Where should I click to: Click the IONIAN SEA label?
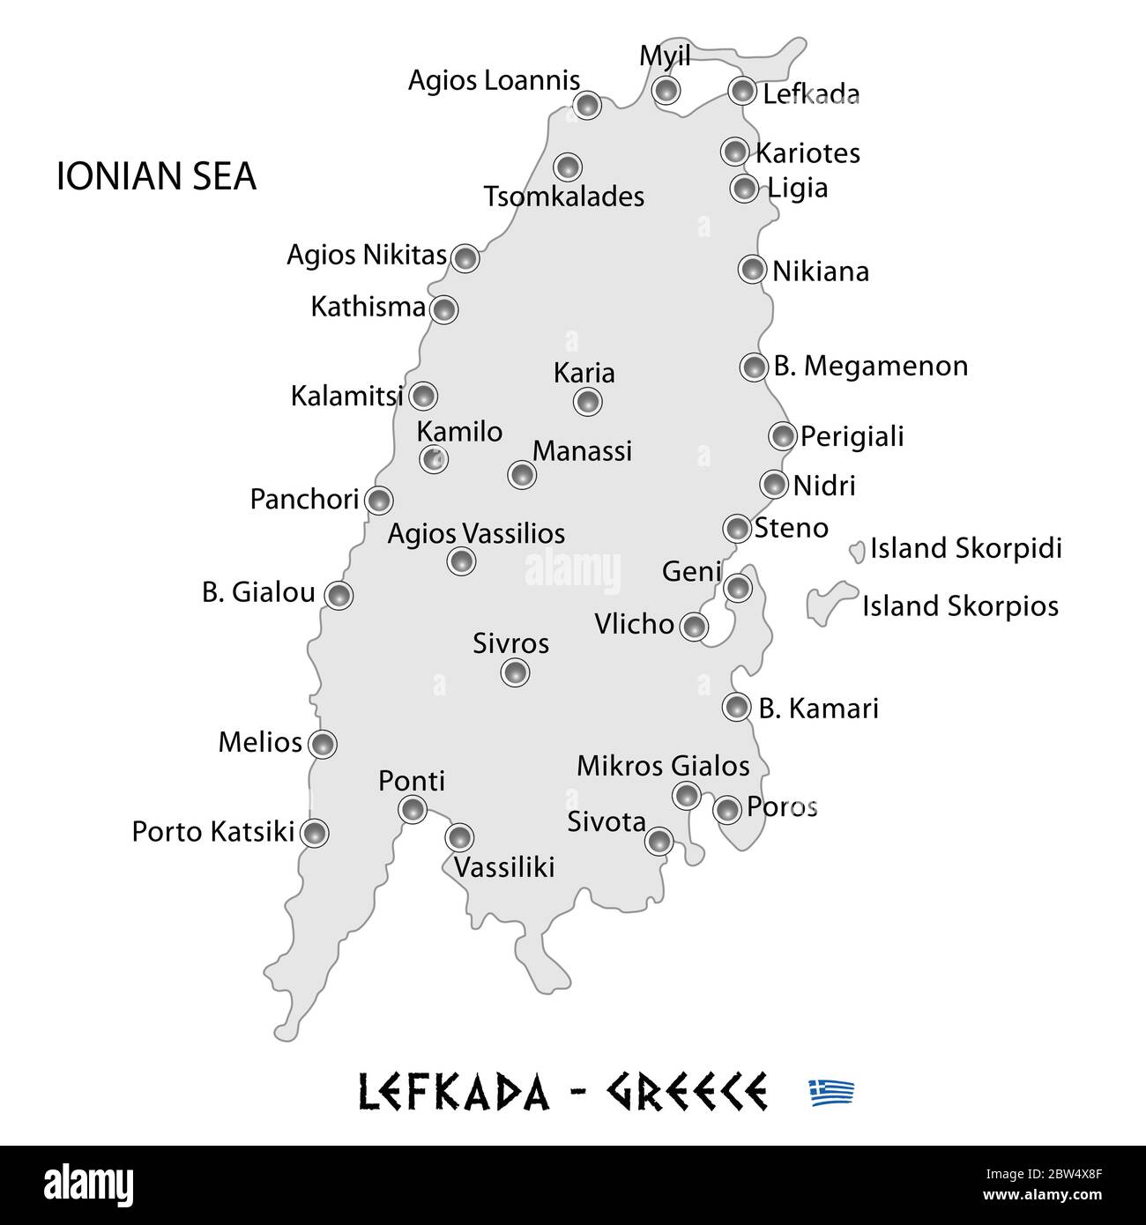[x=156, y=176]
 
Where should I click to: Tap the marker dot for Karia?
[x=587, y=402]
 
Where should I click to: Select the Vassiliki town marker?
[x=459, y=836]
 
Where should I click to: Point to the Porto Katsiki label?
[x=212, y=831]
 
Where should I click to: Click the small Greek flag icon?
[x=831, y=1092]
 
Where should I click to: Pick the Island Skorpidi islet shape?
[x=856, y=553]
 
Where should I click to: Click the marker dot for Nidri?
[x=773, y=484]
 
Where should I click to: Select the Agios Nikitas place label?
[x=366, y=256]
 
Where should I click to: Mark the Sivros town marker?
[x=515, y=672]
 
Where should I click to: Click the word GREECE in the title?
[x=685, y=1092]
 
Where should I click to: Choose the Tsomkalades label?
[x=564, y=197]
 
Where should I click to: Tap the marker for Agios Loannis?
[x=587, y=105]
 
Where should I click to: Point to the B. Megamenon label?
[x=870, y=366]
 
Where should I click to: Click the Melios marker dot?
[x=324, y=744]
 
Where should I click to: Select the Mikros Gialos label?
[x=663, y=766]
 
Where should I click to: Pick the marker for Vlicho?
[x=694, y=627]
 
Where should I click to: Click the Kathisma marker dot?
[x=443, y=309]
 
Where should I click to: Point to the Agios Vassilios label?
[x=476, y=533]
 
